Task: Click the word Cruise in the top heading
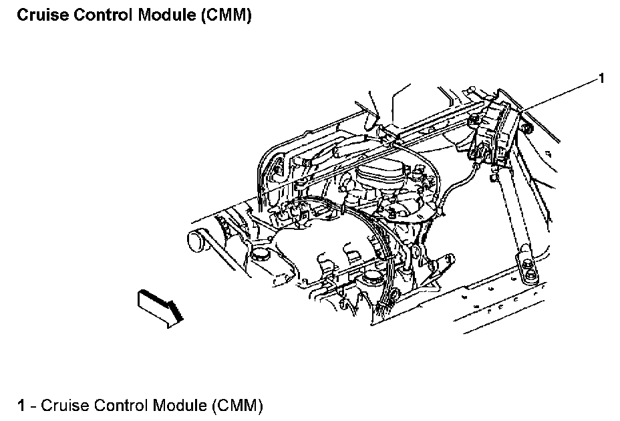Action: pyautogui.click(x=43, y=15)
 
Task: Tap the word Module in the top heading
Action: pyautogui.click(x=167, y=15)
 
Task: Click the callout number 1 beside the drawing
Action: pyautogui.click(x=601, y=78)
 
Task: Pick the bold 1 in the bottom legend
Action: pyautogui.click(x=21, y=406)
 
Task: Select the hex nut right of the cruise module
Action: pyautogui.click(x=526, y=128)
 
